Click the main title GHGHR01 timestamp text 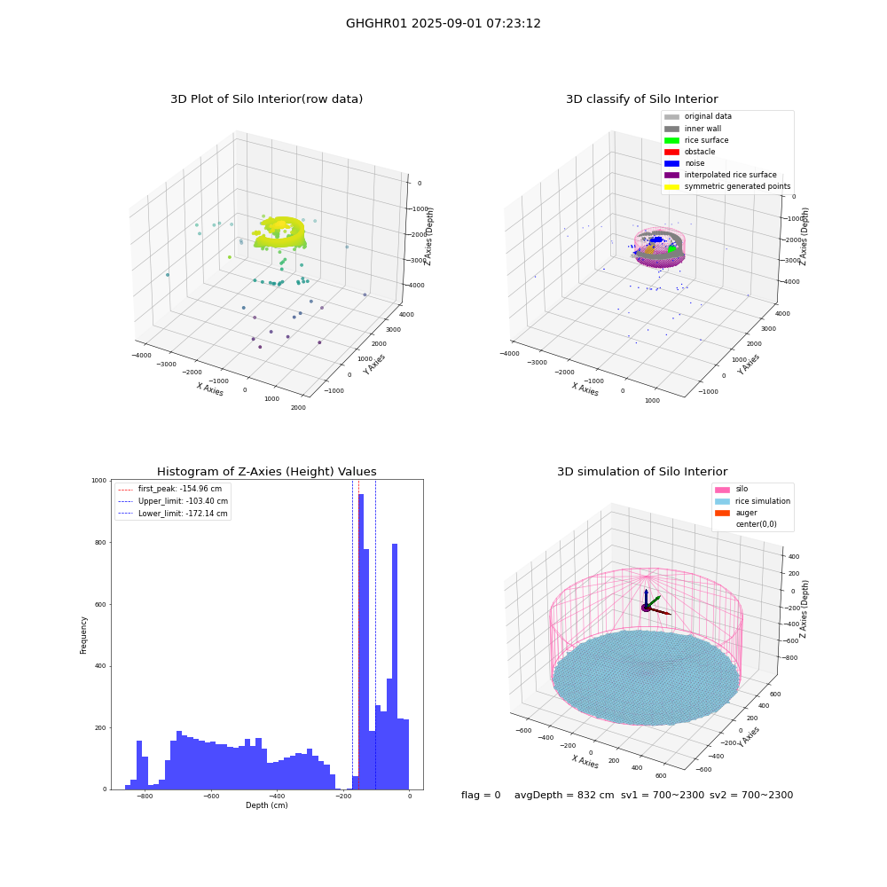[443, 24]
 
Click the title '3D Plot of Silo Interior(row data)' [266, 99]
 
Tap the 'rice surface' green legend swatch [671, 140]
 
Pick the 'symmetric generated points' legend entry [727, 186]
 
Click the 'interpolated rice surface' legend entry [720, 175]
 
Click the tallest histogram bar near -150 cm [361, 641]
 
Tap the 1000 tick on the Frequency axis [99, 480]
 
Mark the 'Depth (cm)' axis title [266, 805]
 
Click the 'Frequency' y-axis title [83, 635]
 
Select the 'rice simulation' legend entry [752, 501]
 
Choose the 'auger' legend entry [736, 513]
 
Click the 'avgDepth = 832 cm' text [564, 795]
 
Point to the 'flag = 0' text [481, 795]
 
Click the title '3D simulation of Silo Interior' [642, 472]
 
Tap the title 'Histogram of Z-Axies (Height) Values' [266, 472]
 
